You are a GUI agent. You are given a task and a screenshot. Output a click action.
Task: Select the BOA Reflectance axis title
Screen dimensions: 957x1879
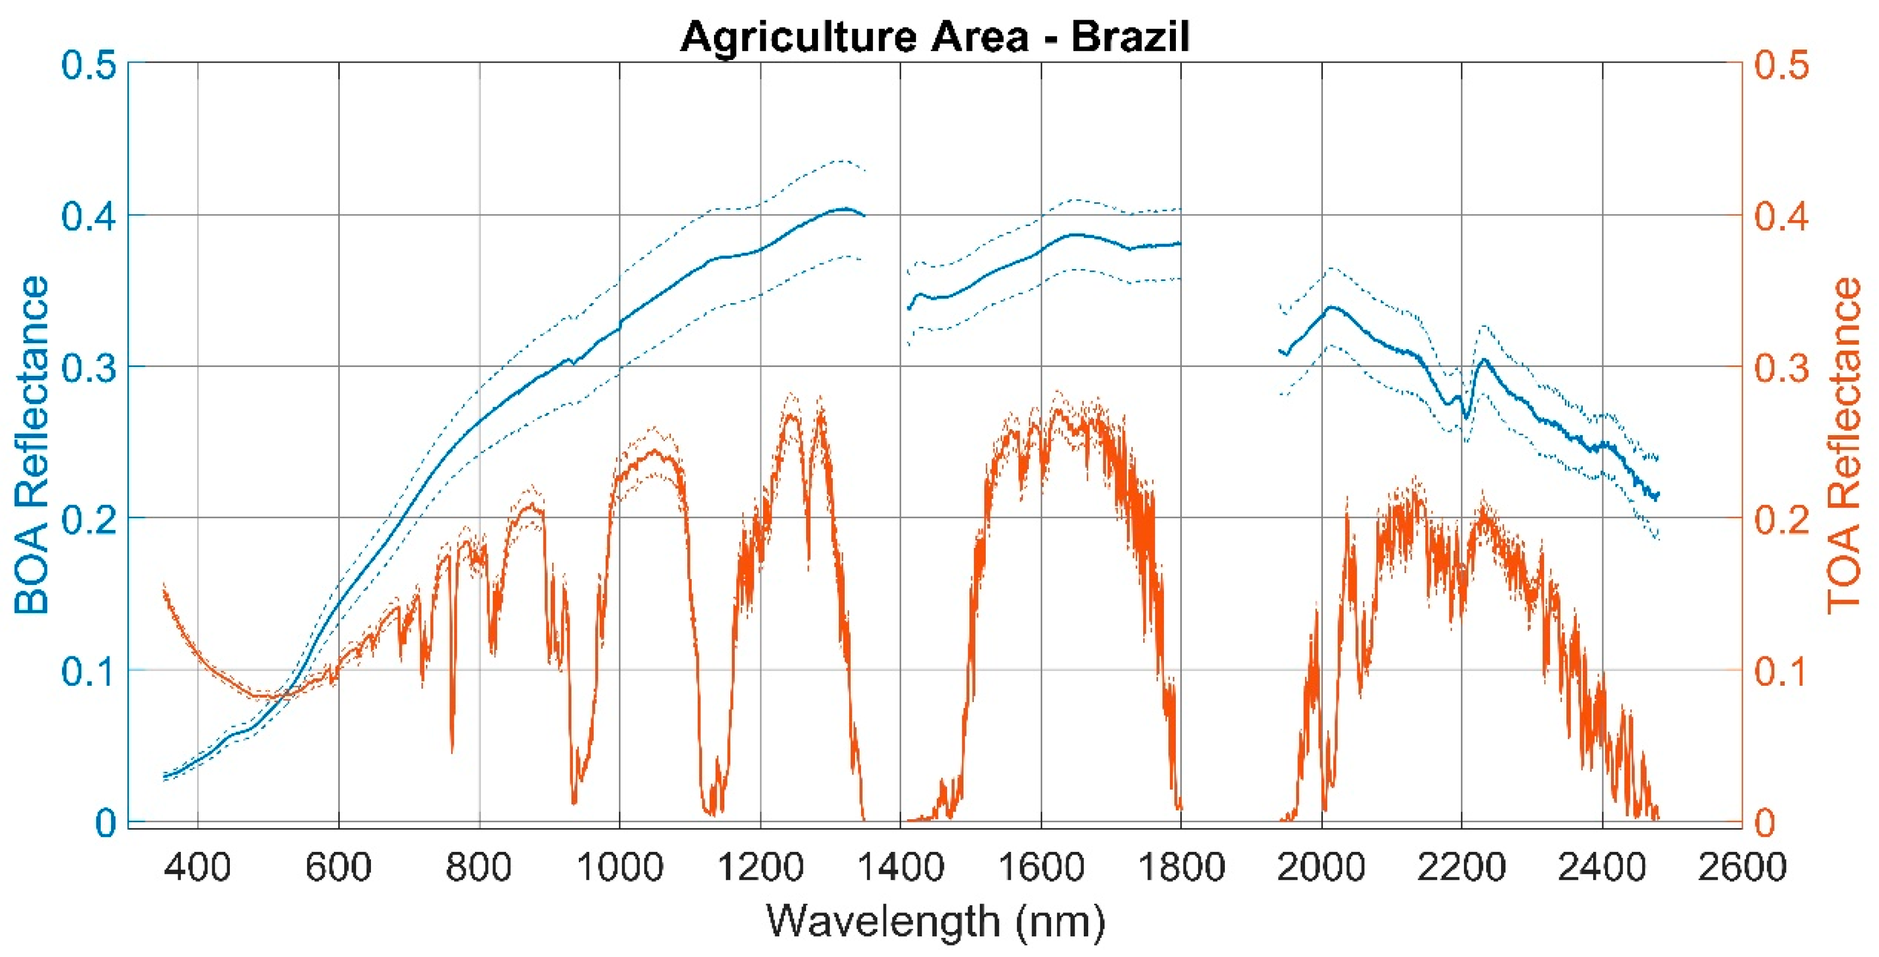tap(32, 445)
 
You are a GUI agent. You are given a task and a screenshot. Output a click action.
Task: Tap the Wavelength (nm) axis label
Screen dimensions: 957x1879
tap(935, 921)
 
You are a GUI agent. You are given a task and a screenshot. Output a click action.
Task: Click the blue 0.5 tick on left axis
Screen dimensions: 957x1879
tap(88, 66)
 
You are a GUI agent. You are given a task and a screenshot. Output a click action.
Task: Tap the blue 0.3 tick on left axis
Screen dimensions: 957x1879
tap(88, 368)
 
